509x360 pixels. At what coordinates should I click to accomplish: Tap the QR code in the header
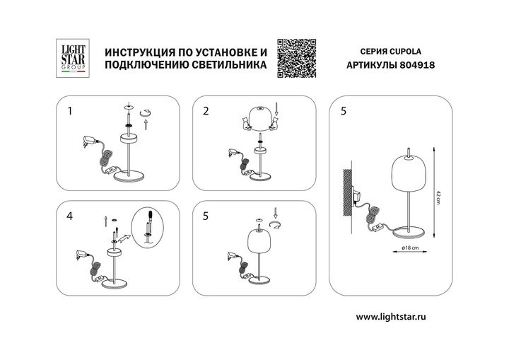(x=295, y=56)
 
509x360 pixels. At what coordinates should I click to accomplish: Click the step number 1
(x=69, y=111)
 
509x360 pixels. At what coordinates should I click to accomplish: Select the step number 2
(x=206, y=111)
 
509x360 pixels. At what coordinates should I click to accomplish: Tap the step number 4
(x=69, y=217)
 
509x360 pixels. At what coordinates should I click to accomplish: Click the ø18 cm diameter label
(x=402, y=248)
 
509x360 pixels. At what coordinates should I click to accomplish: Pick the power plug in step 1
(x=89, y=141)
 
